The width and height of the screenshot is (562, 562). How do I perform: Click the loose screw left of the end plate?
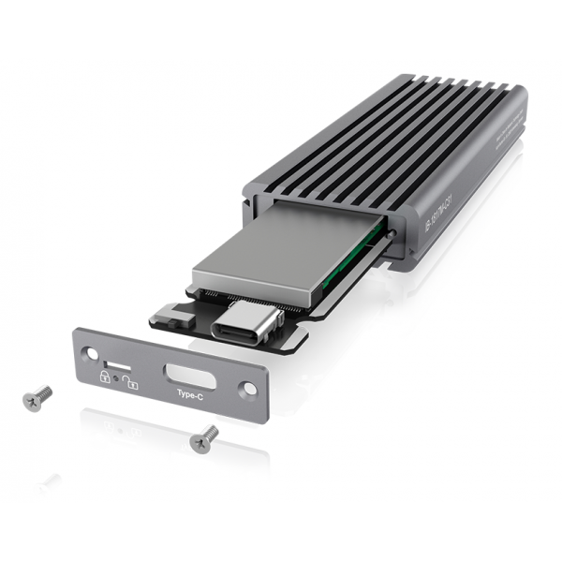coord(37,398)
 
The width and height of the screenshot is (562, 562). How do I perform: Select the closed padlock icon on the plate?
coord(105,375)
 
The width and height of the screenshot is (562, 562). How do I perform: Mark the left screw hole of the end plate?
coord(90,354)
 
